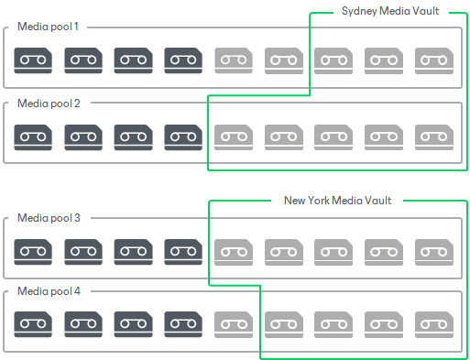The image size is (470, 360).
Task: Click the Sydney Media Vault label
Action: coord(390,11)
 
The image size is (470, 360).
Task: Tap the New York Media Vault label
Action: coord(337,201)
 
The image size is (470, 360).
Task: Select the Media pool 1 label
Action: coord(48,27)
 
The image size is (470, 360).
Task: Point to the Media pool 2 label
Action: coord(49,104)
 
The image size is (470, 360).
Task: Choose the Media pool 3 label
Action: coord(49,218)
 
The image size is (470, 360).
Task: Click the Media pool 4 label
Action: coord(49,291)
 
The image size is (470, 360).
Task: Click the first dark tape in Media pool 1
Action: coord(33,60)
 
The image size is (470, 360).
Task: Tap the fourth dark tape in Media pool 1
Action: coord(183,60)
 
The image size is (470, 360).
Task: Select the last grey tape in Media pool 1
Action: coord(434,60)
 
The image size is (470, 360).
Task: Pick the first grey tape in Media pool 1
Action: coord(234,60)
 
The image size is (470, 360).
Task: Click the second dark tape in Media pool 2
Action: coord(83,137)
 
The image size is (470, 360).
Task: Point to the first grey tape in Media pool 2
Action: coord(234,137)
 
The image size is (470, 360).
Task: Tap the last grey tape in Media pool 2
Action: coord(434,137)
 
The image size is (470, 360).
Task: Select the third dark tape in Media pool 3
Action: coord(133,252)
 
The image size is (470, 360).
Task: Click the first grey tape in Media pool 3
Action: coord(234,252)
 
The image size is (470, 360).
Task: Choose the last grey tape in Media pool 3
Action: coord(434,252)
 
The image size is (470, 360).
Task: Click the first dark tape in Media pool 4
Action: coord(33,324)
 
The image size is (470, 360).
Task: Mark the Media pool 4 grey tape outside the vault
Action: coord(234,324)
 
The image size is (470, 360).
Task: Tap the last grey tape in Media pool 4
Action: coord(434,324)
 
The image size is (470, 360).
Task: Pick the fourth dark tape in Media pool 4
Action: coord(183,324)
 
